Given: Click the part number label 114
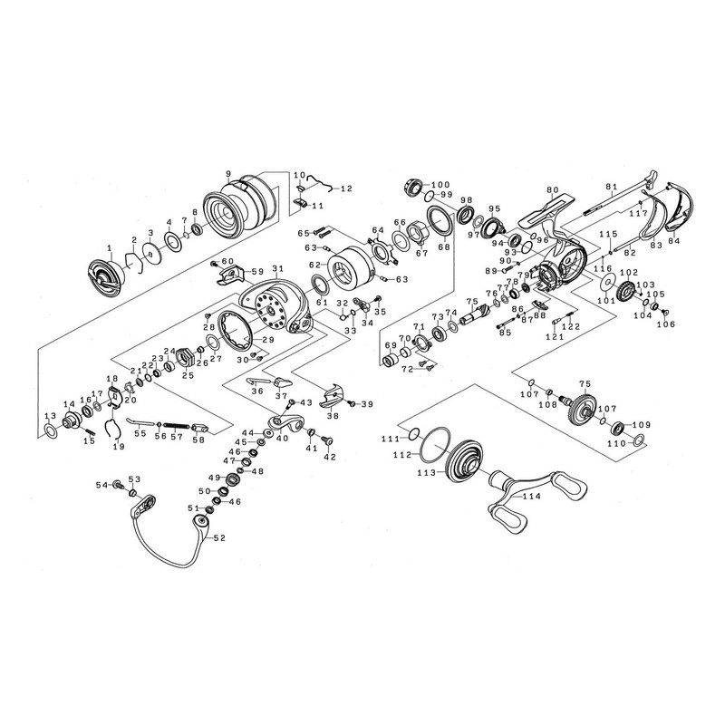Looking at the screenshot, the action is pos(531,496).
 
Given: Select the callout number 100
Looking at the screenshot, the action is pos(440,184).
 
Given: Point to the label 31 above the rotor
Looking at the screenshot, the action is pos(277,268).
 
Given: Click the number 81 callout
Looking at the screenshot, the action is pos(612,187).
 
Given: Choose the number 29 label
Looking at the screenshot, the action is pos(268,339).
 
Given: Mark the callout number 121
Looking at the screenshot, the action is pos(555,337).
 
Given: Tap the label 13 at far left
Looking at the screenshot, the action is pos(50,415).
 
